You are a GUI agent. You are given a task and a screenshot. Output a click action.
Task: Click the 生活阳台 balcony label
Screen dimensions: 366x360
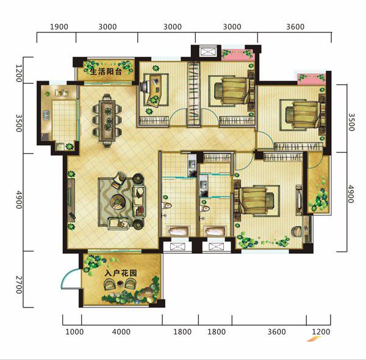106,71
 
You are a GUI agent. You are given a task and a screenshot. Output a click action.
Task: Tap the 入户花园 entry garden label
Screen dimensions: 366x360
121,273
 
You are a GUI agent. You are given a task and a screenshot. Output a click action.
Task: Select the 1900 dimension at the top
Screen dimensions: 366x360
59,27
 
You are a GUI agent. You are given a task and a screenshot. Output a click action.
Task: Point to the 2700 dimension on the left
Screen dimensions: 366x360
19,284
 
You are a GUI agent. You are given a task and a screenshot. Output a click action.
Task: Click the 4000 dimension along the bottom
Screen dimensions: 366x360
121,332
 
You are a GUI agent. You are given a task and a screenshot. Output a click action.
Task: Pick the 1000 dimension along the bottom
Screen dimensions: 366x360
74,332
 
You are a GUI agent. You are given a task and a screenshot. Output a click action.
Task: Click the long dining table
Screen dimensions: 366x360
107,121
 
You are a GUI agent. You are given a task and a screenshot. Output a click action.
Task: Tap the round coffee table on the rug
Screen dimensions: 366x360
118,202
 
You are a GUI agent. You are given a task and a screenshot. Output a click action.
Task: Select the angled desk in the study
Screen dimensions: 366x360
155,90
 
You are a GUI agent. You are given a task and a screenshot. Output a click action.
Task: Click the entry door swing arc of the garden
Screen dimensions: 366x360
66,275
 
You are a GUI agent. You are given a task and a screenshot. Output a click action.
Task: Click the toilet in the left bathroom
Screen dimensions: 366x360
167,206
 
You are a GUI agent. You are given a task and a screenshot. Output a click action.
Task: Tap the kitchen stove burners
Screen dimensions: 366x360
46,115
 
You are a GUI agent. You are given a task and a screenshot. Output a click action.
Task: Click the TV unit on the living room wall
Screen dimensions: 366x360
71,200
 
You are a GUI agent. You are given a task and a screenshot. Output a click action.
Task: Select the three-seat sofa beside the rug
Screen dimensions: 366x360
139,202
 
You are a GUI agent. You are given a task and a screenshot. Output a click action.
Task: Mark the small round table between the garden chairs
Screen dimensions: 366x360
120,284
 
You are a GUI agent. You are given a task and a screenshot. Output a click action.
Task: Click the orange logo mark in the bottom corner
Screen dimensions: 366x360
314,339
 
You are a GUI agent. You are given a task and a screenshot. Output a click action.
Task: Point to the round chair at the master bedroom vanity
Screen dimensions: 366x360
296,231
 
